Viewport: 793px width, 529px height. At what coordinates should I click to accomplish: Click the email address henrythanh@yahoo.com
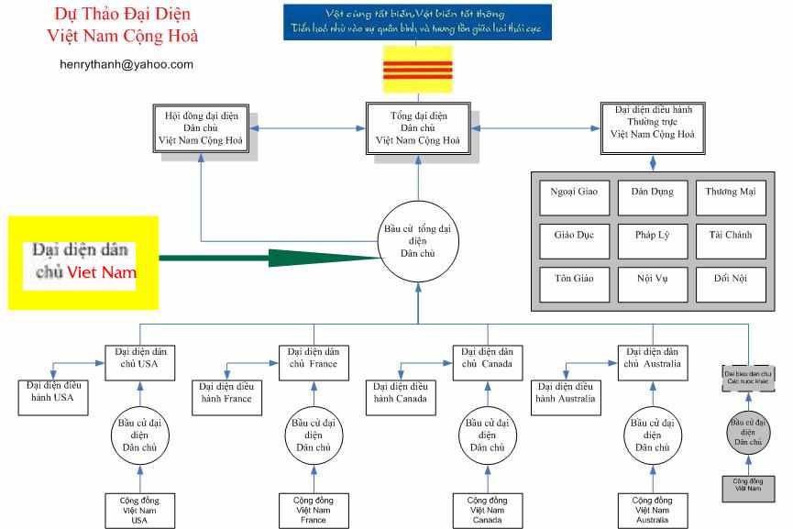[126, 64]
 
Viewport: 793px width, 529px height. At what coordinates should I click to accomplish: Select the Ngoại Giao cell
[574, 193]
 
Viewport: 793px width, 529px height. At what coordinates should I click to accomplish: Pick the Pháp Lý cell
[652, 236]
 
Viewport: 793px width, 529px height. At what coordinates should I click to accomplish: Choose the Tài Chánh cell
[729, 236]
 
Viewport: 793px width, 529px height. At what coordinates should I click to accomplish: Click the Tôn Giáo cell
[574, 277]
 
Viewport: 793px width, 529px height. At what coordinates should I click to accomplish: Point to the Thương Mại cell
[729, 193]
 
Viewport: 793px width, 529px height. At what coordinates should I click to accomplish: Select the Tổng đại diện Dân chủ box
[418, 127]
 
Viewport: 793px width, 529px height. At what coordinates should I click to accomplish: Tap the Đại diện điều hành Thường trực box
[652, 127]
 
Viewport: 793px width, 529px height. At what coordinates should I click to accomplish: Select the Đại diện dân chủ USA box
[139, 358]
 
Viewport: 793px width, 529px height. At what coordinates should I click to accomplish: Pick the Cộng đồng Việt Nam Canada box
[488, 509]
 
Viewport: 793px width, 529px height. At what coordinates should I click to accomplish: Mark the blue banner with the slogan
[418, 21]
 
